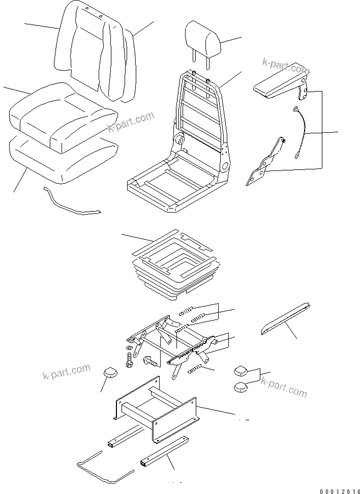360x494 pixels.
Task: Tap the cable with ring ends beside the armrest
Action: (301, 133)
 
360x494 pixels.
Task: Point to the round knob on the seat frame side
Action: (179, 139)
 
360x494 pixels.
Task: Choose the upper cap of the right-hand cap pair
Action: (241, 370)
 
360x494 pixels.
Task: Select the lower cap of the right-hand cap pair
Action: (241, 389)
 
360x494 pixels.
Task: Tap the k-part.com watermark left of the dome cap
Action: (66, 372)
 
